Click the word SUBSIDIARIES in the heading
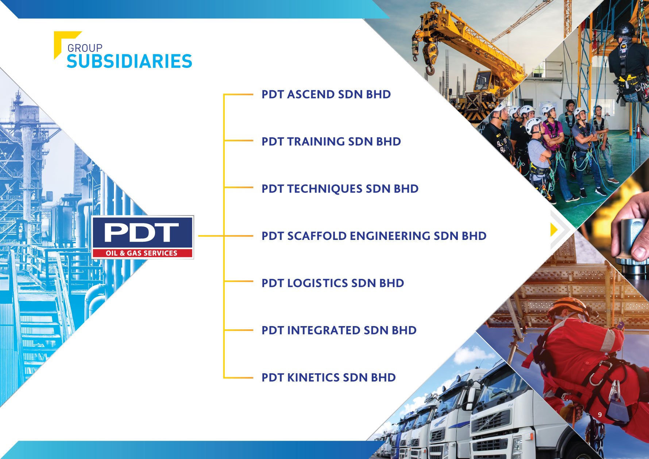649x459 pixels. pyautogui.click(x=130, y=61)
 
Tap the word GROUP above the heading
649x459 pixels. pyautogui.click(x=85, y=48)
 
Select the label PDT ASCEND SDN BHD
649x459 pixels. pyautogui.click(x=326, y=94)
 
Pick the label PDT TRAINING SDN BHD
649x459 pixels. pyautogui.click(x=331, y=141)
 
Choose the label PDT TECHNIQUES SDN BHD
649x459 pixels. pyautogui.click(x=340, y=188)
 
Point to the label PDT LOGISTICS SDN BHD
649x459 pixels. pyautogui.click(x=333, y=283)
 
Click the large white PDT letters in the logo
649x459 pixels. pyautogui.click(x=142, y=233)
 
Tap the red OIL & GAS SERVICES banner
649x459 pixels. pyautogui.click(x=142, y=253)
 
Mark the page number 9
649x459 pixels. pyautogui.click(x=600, y=414)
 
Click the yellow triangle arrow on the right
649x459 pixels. pyautogui.click(x=554, y=230)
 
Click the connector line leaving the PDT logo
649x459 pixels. pyautogui.click(x=211, y=236)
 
